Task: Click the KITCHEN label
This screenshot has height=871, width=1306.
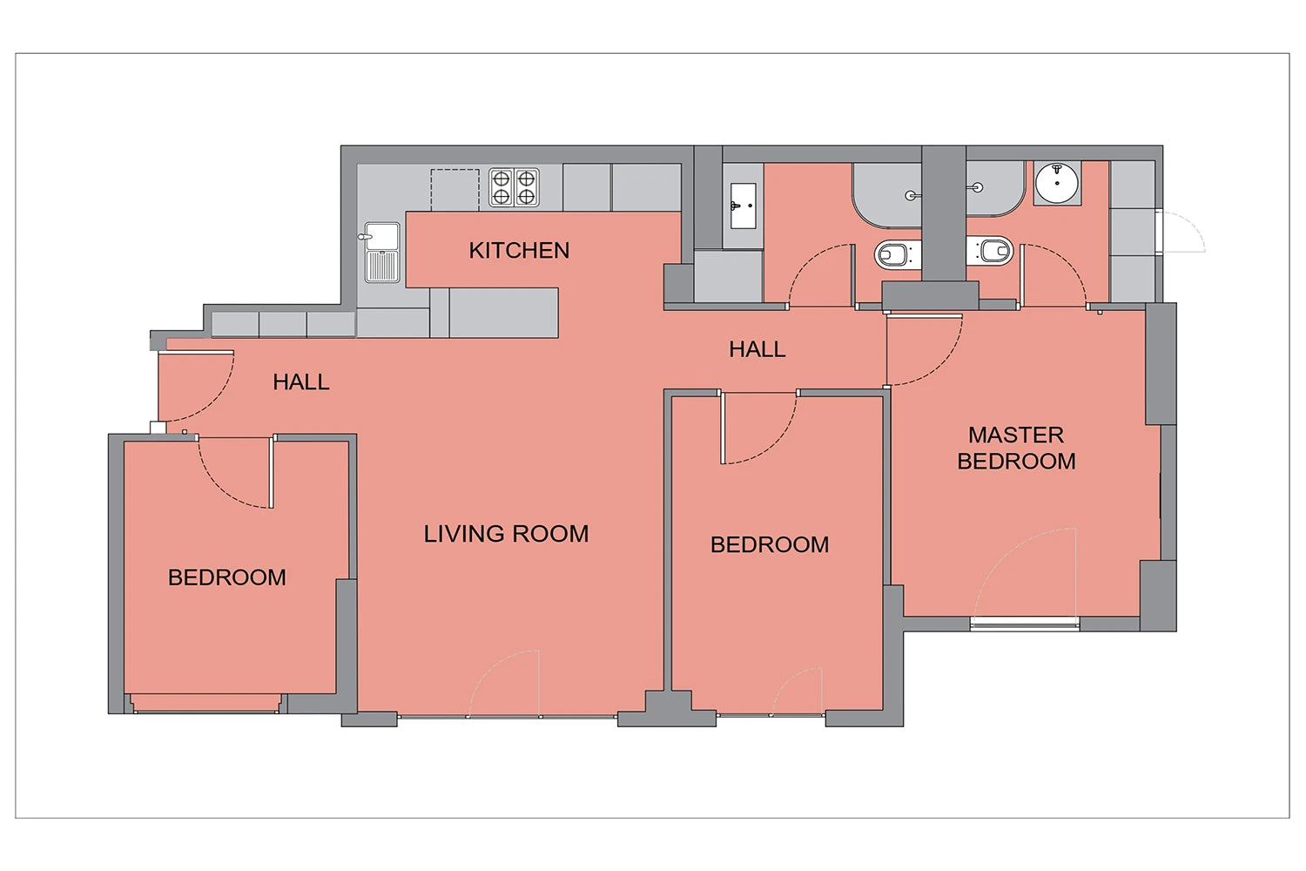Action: [519, 250]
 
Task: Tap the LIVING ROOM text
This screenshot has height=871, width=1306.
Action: [506, 534]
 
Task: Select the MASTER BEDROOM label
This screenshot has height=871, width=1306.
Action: [1016, 448]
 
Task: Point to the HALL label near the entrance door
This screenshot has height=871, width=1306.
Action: [301, 382]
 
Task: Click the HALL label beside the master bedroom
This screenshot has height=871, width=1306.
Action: [757, 349]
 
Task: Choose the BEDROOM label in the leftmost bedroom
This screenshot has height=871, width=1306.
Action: [226, 577]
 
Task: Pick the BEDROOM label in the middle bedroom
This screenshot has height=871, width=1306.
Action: [770, 545]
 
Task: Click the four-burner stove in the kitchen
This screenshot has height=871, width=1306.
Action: [514, 188]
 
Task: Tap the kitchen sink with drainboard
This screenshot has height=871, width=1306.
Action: [382, 252]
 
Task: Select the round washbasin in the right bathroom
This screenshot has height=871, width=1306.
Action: [1057, 183]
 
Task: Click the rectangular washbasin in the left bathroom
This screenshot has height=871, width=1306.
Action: [743, 206]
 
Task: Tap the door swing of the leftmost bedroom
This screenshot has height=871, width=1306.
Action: [216, 485]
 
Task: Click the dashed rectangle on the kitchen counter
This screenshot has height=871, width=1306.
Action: [454, 190]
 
